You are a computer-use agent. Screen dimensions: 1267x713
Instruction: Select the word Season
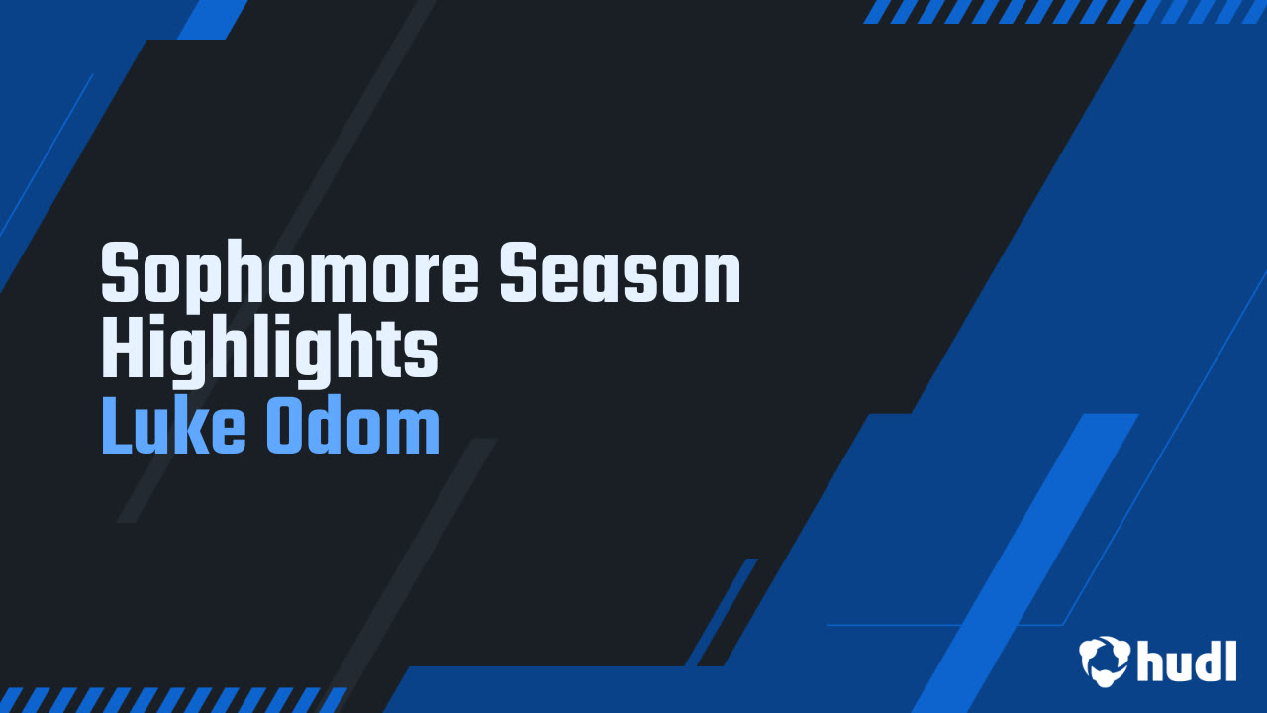click(621, 272)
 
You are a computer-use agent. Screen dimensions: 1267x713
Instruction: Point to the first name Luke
click(173, 425)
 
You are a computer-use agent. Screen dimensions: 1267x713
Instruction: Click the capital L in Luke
click(118, 425)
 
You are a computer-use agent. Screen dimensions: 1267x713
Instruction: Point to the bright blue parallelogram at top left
click(213, 20)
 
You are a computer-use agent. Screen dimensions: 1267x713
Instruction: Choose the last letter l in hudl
click(1231, 661)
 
